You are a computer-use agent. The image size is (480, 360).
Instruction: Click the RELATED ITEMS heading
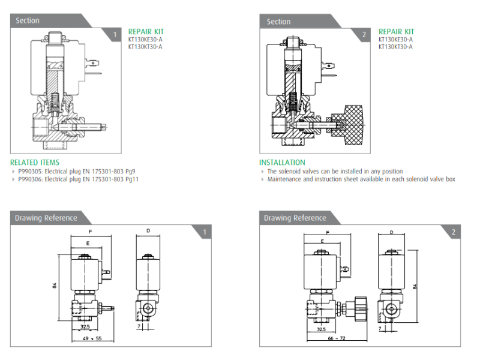pyautogui.click(x=35, y=162)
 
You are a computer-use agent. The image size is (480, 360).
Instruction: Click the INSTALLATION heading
pyautogui.click(x=282, y=162)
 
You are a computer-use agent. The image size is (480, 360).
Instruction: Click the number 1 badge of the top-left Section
pyautogui.click(x=115, y=34)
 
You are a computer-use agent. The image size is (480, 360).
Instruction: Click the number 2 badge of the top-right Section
pyautogui.click(x=364, y=35)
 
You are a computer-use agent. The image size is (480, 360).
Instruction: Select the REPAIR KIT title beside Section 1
pyautogui.click(x=146, y=32)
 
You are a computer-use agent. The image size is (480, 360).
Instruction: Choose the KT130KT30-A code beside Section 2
pyautogui.click(x=395, y=46)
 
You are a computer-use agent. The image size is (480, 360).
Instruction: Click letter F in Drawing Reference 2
pyautogui.click(x=328, y=232)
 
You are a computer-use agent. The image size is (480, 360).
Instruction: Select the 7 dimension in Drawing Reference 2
pyautogui.click(x=380, y=329)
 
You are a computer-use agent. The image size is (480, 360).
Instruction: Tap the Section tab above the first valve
pyautogui.click(x=28, y=20)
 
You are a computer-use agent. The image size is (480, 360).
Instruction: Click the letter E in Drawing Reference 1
pyautogui.click(x=88, y=244)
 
